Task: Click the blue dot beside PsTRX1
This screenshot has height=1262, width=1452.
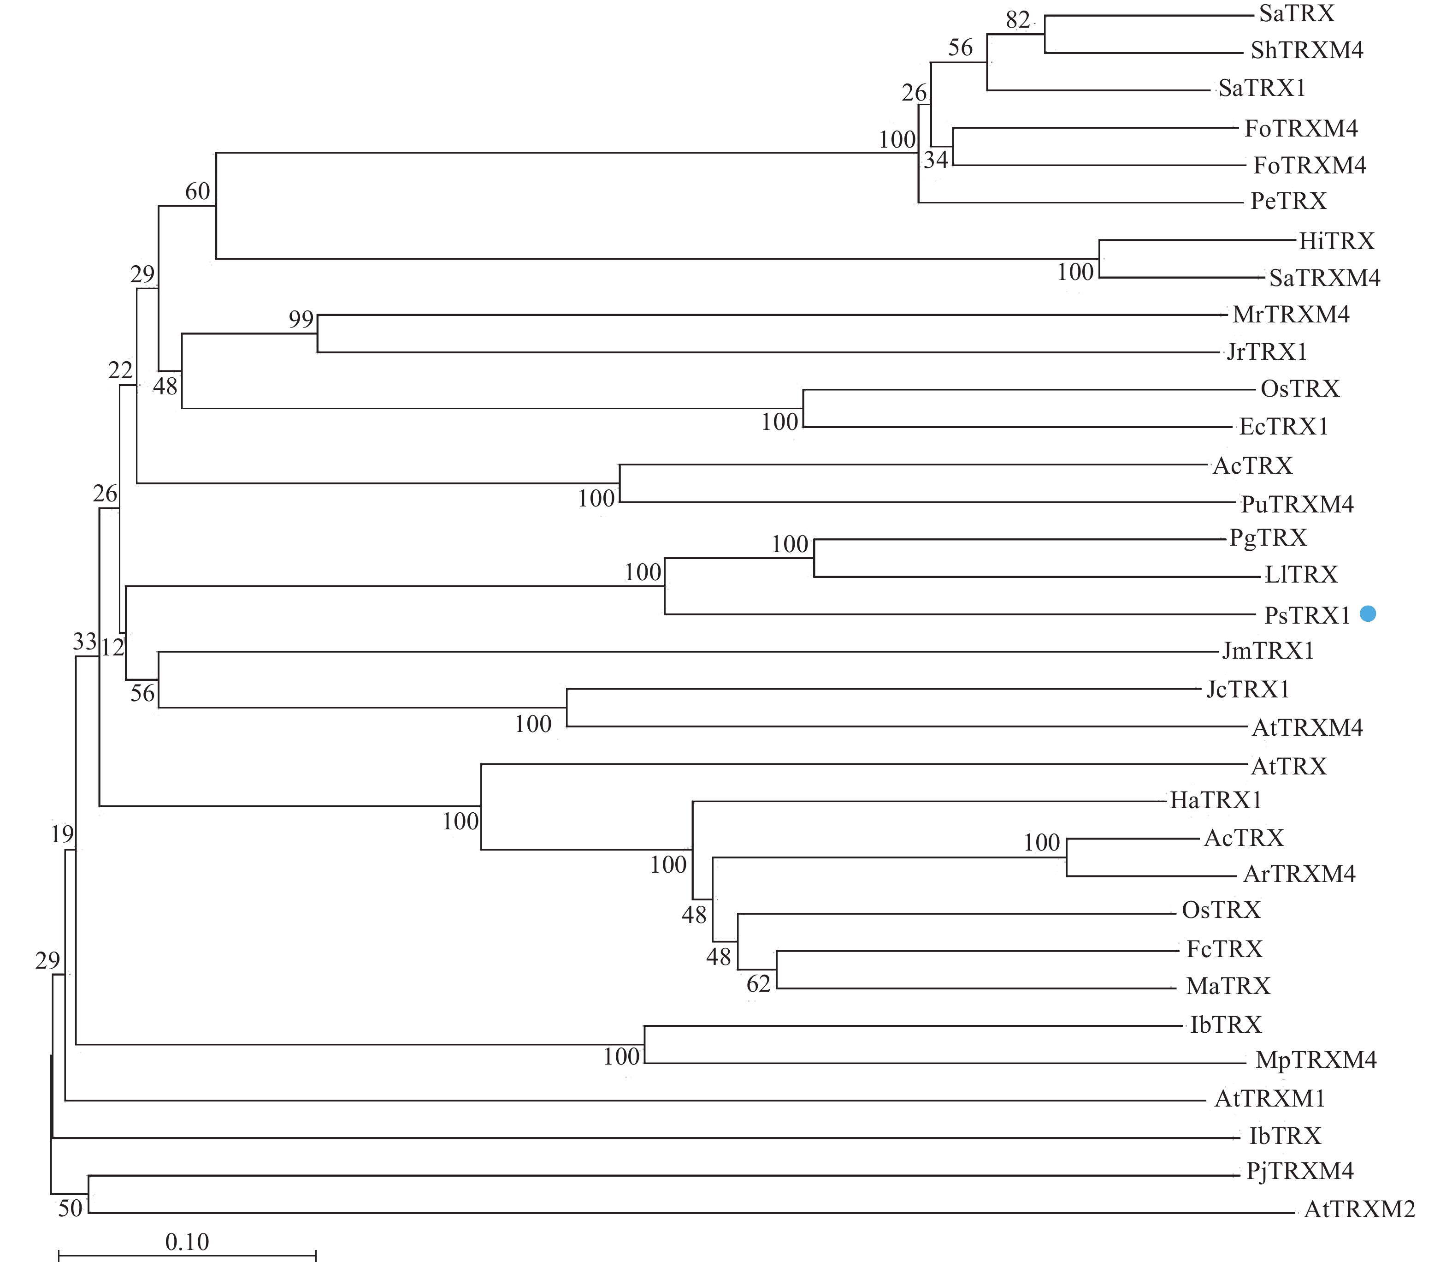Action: pyautogui.click(x=1368, y=613)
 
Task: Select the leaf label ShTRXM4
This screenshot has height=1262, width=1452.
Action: pyautogui.click(x=1306, y=51)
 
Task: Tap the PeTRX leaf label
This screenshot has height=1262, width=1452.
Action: pyautogui.click(x=1288, y=202)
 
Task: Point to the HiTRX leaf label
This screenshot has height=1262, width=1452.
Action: pyautogui.click(x=1336, y=242)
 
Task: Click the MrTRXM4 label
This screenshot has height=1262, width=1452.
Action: pyautogui.click(x=1291, y=314)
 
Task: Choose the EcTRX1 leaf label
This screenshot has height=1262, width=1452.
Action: pyautogui.click(x=1283, y=427)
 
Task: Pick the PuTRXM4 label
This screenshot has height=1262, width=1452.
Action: pyautogui.click(x=1297, y=504)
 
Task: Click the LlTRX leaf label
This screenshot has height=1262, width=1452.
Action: pyautogui.click(x=1301, y=575)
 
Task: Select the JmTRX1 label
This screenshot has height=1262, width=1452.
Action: pyautogui.click(x=1268, y=651)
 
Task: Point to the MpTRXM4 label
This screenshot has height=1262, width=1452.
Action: pyautogui.click(x=1316, y=1060)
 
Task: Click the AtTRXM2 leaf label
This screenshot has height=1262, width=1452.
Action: pyautogui.click(x=1359, y=1210)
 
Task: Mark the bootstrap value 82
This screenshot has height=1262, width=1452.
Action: pyautogui.click(x=1018, y=20)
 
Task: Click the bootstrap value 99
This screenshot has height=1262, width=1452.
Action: pyautogui.click(x=301, y=319)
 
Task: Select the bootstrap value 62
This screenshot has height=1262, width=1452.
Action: pyautogui.click(x=759, y=984)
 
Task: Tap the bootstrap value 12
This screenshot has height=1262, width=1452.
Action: pyautogui.click(x=112, y=647)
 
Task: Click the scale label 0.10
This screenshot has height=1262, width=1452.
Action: pyautogui.click(x=187, y=1242)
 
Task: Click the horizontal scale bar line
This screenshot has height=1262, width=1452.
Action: pyautogui.click(x=187, y=1255)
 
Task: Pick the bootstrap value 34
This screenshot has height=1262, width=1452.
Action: pyautogui.click(x=936, y=161)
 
